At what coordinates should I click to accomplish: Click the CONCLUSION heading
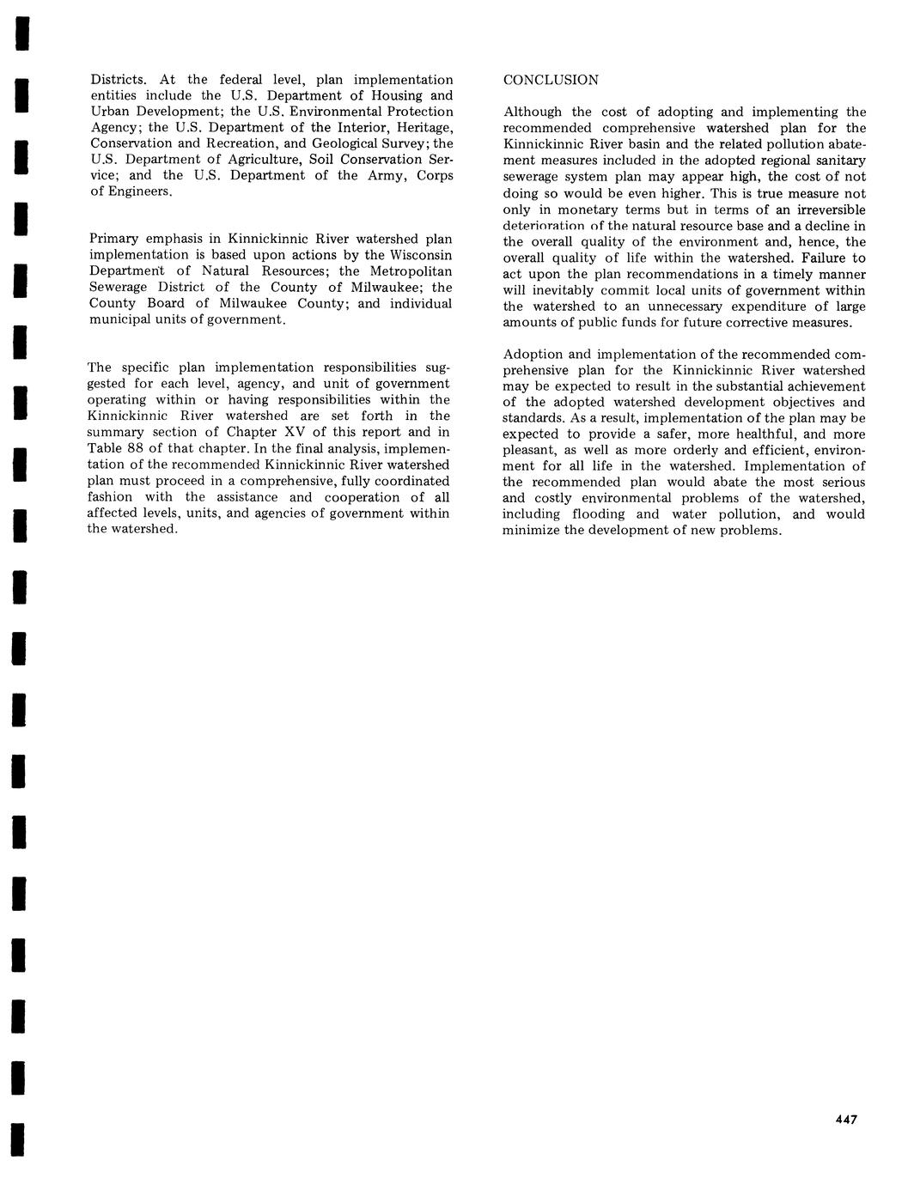click(x=551, y=80)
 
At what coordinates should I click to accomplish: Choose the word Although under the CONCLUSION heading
click(x=533, y=112)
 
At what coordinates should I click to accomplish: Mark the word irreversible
click(x=826, y=210)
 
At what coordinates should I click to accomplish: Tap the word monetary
click(x=591, y=210)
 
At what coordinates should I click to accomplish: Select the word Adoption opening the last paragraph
click(x=532, y=354)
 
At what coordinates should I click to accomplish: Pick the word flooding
click(x=588, y=514)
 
